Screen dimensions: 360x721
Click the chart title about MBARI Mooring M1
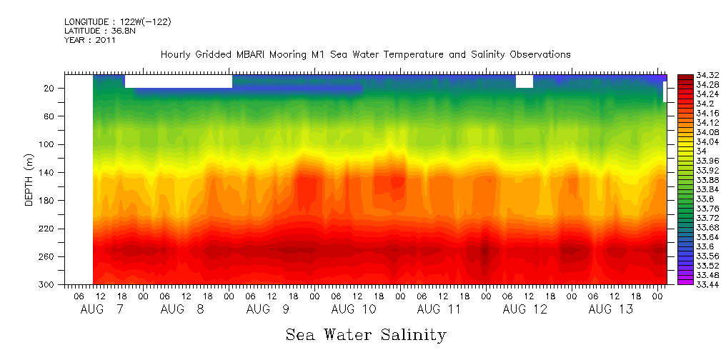point(365,54)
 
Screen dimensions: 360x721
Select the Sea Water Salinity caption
point(366,334)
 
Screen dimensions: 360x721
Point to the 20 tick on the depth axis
point(50,88)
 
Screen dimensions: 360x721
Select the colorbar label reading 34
point(682,151)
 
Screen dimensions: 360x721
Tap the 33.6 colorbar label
point(685,246)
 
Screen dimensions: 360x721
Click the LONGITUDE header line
point(117,22)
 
